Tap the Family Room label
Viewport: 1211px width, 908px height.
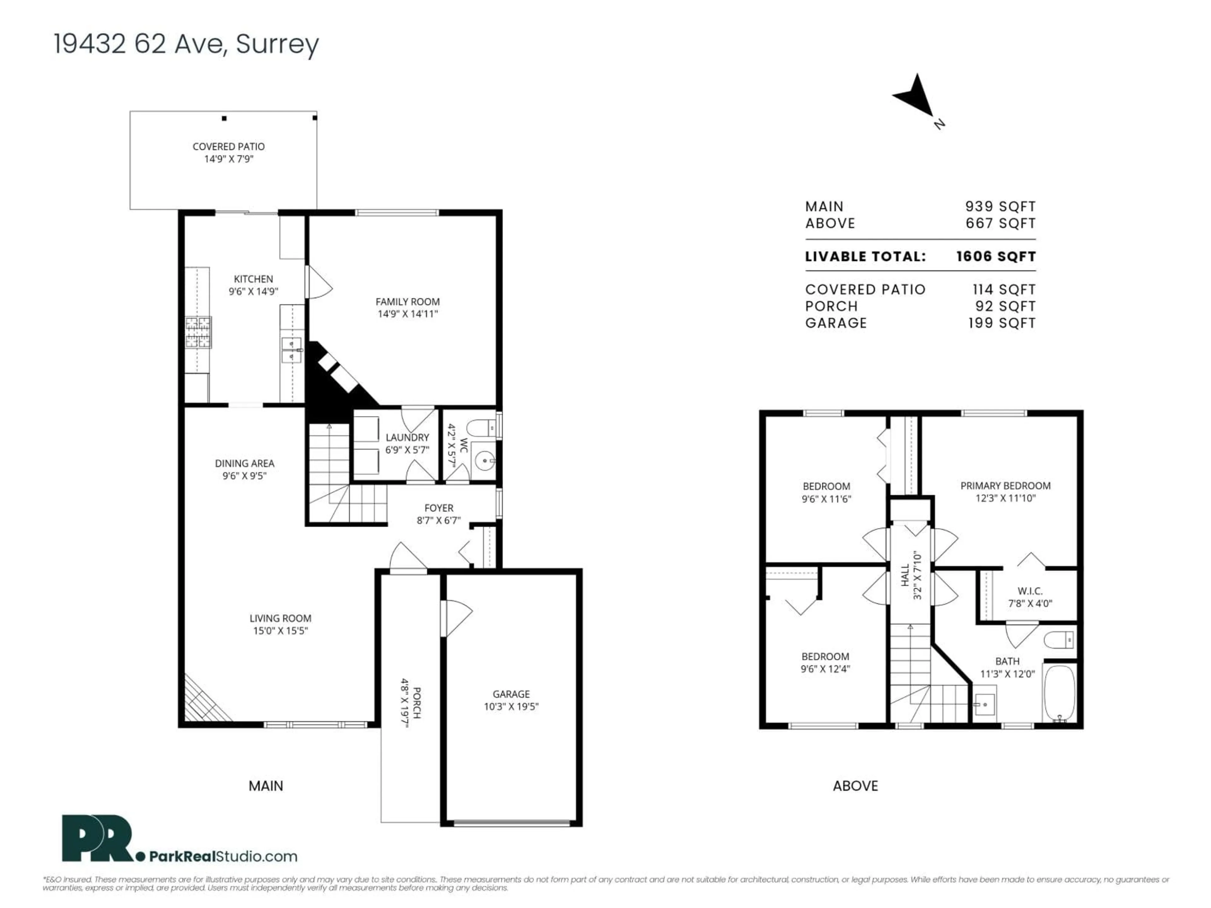point(407,302)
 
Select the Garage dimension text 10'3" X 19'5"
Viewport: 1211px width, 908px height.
point(511,707)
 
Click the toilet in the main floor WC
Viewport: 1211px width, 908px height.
point(483,427)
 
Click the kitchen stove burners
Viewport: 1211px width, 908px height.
point(198,332)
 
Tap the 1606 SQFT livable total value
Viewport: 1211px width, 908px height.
point(996,257)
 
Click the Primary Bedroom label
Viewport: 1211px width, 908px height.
point(1005,486)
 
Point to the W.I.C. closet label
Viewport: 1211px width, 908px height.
point(1030,591)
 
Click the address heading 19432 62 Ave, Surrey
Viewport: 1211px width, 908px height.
point(186,44)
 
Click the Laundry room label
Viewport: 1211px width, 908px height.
point(407,437)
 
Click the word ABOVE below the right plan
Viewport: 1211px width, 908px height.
point(855,786)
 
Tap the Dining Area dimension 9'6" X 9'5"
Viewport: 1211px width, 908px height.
point(244,476)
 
